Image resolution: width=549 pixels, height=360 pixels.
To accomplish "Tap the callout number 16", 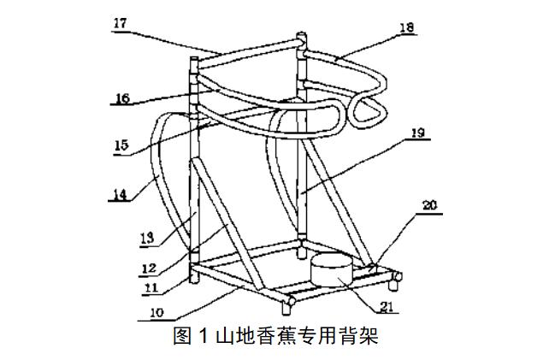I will [x=121, y=98].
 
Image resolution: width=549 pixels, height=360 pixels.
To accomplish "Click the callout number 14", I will [x=120, y=193].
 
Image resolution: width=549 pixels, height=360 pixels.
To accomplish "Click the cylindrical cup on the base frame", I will [x=330, y=271].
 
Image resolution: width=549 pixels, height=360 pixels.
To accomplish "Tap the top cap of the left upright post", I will [x=192, y=60].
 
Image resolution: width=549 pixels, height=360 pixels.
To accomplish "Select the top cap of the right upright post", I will [x=301, y=38].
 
